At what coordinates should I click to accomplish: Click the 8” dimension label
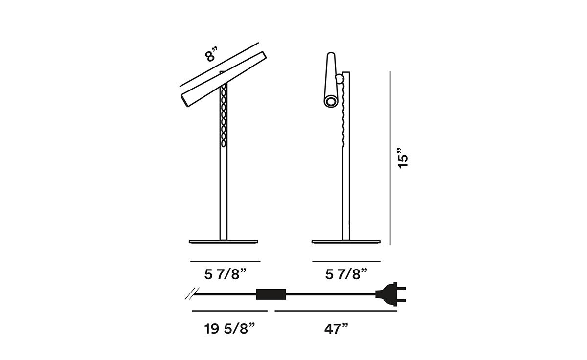(x=211, y=55)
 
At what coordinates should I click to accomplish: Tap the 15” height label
(x=403, y=158)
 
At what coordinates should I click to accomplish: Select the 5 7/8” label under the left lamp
(x=226, y=274)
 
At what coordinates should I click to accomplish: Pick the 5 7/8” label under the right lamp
(x=346, y=274)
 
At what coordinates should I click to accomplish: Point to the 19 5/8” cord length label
(x=229, y=329)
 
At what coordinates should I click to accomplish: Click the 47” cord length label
(x=336, y=329)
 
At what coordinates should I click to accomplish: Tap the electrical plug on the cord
(x=390, y=294)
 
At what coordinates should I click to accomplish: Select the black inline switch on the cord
(x=271, y=294)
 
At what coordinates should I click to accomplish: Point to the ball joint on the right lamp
(x=339, y=79)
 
